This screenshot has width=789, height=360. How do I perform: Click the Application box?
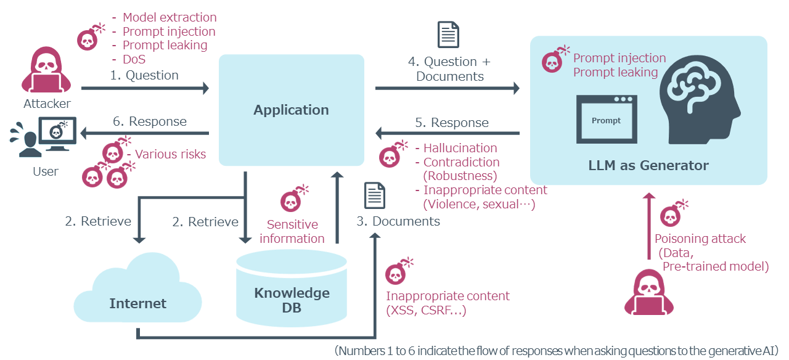(x=291, y=110)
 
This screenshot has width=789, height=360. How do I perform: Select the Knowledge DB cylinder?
(x=292, y=290)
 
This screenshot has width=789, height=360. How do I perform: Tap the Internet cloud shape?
(x=137, y=296)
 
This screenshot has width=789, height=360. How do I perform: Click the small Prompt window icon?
(x=607, y=120)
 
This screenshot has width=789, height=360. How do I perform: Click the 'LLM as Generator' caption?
(x=648, y=165)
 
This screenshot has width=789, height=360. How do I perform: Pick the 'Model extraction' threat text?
(x=170, y=17)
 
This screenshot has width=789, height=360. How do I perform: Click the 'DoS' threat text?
(x=134, y=60)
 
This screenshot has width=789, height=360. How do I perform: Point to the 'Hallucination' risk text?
(x=460, y=148)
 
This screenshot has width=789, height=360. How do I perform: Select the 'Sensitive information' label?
(x=292, y=231)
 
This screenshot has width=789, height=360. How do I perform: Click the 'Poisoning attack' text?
(x=700, y=239)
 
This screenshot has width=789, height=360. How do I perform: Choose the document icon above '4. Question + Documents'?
(x=448, y=34)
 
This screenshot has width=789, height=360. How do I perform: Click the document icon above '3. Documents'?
(x=375, y=195)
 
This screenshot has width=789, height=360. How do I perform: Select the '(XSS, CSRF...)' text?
(x=426, y=310)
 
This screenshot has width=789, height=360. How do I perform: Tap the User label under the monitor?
(x=46, y=171)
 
